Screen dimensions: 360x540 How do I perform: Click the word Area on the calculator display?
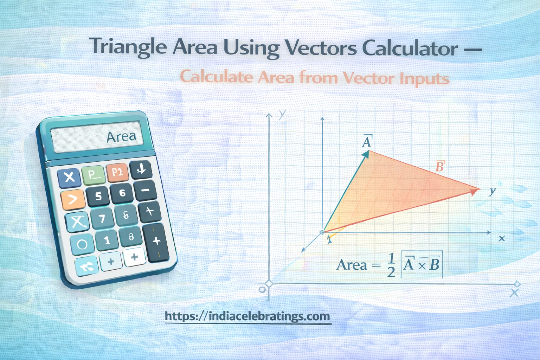point(121,136)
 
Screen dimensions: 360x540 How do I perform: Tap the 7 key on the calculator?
point(102,219)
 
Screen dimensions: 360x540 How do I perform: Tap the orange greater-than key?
point(73,199)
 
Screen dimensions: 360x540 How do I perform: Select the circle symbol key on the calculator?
point(82,244)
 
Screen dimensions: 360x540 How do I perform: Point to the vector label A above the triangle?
point(367,141)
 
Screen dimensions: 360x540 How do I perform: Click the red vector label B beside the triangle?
point(440,166)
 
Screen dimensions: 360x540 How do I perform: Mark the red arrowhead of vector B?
point(476,191)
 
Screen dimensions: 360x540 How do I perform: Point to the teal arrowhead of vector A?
point(366,154)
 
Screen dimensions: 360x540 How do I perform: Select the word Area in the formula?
point(352,265)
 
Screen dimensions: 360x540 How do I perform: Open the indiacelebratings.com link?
point(247,316)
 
